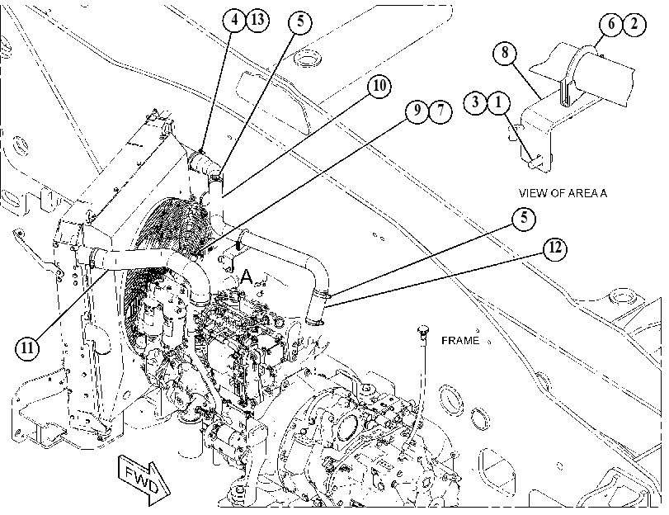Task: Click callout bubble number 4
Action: pos(234,20)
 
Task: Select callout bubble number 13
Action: pos(257,20)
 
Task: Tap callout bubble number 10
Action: pos(379,86)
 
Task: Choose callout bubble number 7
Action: pos(440,111)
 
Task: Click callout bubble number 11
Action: pos(27,348)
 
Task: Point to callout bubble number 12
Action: pos(554,248)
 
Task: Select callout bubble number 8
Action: pos(505,53)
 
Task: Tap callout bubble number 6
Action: pos(611,24)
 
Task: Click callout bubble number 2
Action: pos(634,24)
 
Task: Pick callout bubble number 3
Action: pos(475,102)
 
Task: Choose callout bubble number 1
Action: pos(498,102)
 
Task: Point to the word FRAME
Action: pos(460,340)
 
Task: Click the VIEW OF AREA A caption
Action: pos(563,193)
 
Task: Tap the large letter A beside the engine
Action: pos(247,276)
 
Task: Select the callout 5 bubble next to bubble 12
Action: pos(524,219)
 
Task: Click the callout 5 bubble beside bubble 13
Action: pos(300,21)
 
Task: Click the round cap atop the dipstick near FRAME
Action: pos(422,329)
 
